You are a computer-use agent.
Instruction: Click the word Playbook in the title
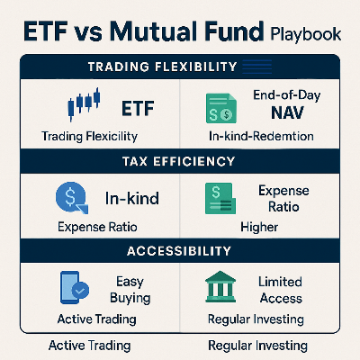pyautogui.click(x=306, y=36)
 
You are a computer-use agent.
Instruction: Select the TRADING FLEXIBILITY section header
pyautogui.click(x=179, y=67)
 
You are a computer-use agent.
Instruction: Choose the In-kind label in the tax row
pyautogui.click(x=132, y=199)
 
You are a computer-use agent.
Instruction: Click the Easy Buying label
pyautogui.click(x=131, y=289)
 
